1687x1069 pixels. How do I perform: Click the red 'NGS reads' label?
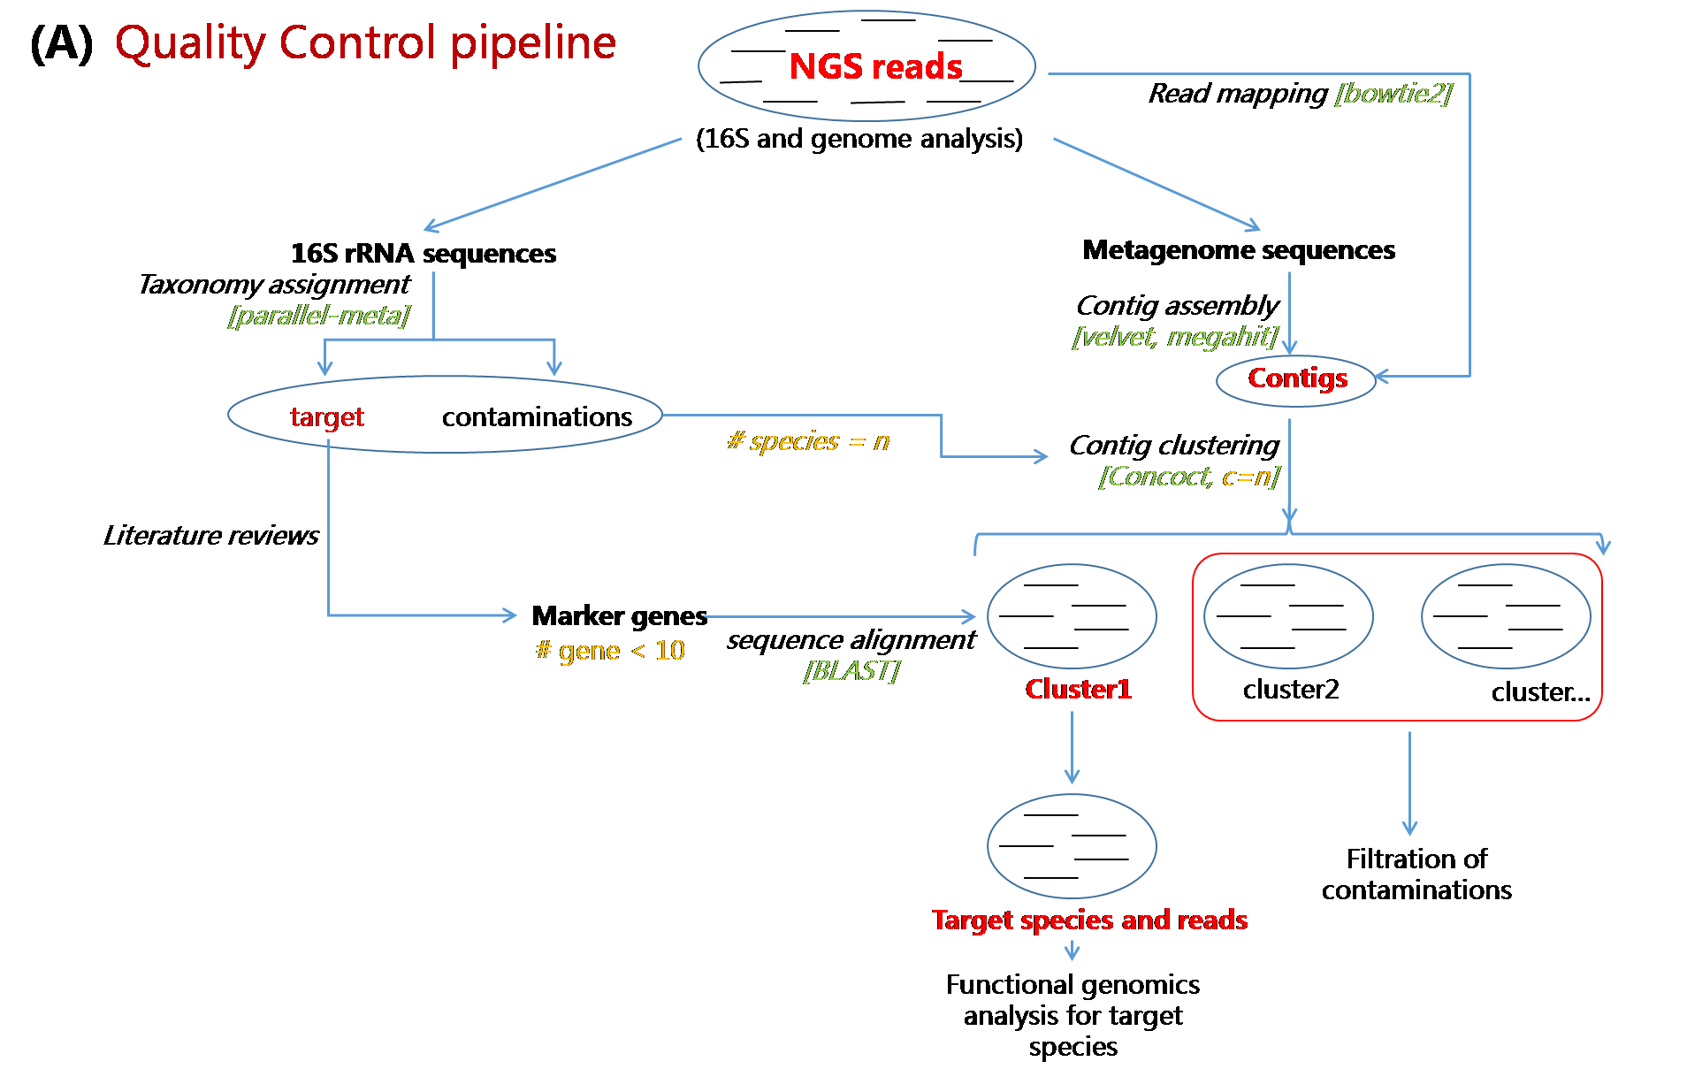click(x=875, y=67)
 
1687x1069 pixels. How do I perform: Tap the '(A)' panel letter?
click(x=61, y=43)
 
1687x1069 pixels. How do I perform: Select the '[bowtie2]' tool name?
click(x=1393, y=93)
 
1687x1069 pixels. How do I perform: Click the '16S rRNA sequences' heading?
click(x=424, y=254)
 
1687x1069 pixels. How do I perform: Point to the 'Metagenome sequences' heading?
click(x=1239, y=250)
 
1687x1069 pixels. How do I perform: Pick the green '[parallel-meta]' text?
click(x=318, y=316)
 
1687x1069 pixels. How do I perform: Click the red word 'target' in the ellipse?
click(x=327, y=416)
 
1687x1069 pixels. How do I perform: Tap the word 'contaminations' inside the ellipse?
click(x=537, y=416)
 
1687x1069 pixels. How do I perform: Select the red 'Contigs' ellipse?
click(x=1297, y=378)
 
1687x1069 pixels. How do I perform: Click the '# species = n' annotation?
click(x=808, y=441)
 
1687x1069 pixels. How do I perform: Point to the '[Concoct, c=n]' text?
click(x=1189, y=477)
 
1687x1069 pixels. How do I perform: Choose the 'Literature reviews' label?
click(x=210, y=535)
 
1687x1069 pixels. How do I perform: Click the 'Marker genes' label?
click(x=619, y=615)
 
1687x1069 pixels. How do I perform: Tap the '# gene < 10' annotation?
click(x=610, y=651)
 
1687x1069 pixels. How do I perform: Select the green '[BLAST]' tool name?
click(x=851, y=671)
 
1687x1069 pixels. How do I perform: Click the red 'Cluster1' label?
click(x=1078, y=689)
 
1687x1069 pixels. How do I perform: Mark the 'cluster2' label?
click(x=1291, y=689)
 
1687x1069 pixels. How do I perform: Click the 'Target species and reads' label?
click(x=1089, y=920)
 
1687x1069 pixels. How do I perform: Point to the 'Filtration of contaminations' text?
click(x=1416, y=874)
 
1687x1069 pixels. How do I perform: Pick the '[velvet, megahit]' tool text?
click(x=1175, y=337)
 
